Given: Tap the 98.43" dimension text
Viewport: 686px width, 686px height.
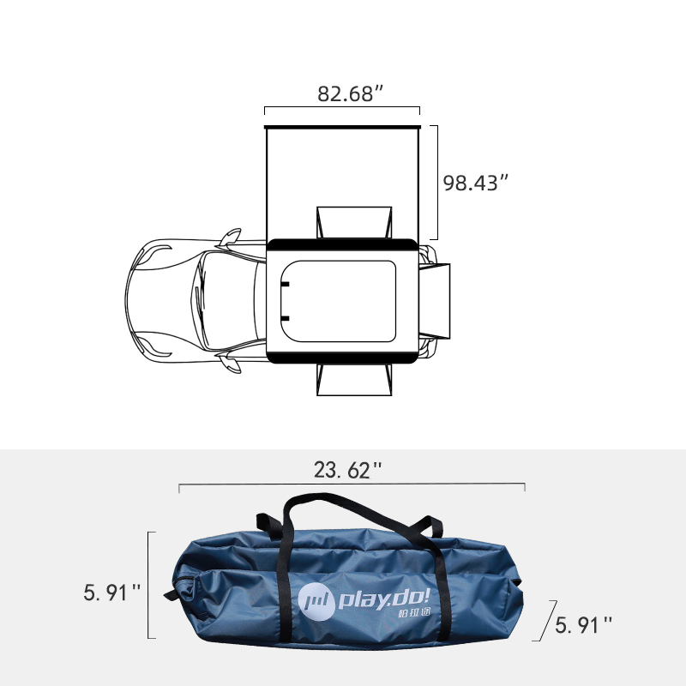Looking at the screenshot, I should (x=476, y=183).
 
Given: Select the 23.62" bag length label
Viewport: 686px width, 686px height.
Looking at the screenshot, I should (x=347, y=469).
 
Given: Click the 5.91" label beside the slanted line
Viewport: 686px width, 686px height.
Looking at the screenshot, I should (x=584, y=625).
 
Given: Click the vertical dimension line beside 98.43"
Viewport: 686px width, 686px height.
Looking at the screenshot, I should (x=437, y=182).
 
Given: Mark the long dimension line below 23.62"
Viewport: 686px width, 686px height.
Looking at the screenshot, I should (x=352, y=485).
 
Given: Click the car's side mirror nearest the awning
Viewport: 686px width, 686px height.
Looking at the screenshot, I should (x=230, y=236).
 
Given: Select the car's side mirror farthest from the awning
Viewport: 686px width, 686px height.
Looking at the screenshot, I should (x=230, y=365).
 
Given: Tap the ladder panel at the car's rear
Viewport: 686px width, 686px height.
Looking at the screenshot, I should (x=437, y=300).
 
